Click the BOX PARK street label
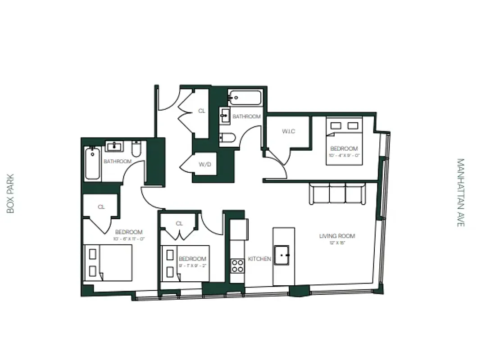[x=11, y=193]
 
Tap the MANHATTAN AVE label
[x=460, y=192]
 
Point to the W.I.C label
[x=289, y=131]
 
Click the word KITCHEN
[x=259, y=259]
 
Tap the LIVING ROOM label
[x=337, y=236]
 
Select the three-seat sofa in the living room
[x=337, y=194]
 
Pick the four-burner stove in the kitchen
[x=237, y=266]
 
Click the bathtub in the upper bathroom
[x=245, y=98]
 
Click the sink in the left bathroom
[x=115, y=146]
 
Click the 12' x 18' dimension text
[x=337, y=243]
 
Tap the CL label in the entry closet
[x=202, y=111]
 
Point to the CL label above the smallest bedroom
[x=179, y=224]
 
